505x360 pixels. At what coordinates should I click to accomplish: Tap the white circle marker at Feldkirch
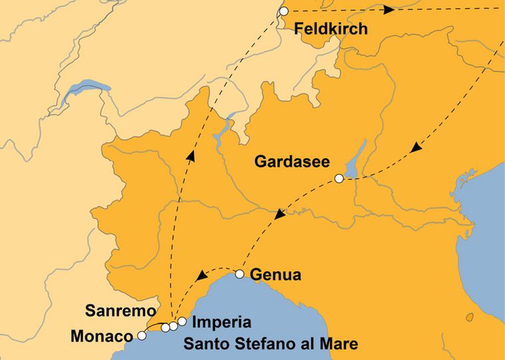pos(284,11)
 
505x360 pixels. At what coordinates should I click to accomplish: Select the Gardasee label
pos(288,162)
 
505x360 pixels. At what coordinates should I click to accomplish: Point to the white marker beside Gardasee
pos(339,178)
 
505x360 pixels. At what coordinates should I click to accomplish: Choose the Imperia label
pos(221,323)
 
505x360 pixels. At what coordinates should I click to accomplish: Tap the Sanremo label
pos(120,311)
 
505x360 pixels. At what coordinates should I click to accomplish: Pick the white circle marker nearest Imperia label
pos(182,322)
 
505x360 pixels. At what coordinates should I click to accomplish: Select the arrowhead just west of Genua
pos(201,275)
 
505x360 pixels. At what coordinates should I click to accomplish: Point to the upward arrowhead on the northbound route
pos(191,156)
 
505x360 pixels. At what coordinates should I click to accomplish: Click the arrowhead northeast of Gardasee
pos(414,147)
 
